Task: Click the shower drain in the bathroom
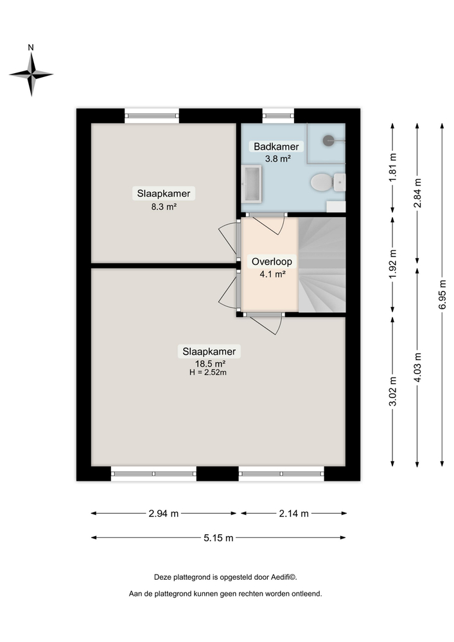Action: click(329, 138)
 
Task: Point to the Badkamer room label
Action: click(276, 146)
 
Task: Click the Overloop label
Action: click(272, 262)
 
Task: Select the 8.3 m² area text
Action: click(163, 207)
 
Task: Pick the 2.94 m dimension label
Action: click(163, 513)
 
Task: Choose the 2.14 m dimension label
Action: click(293, 513)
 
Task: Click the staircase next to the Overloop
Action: click(322, 265)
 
